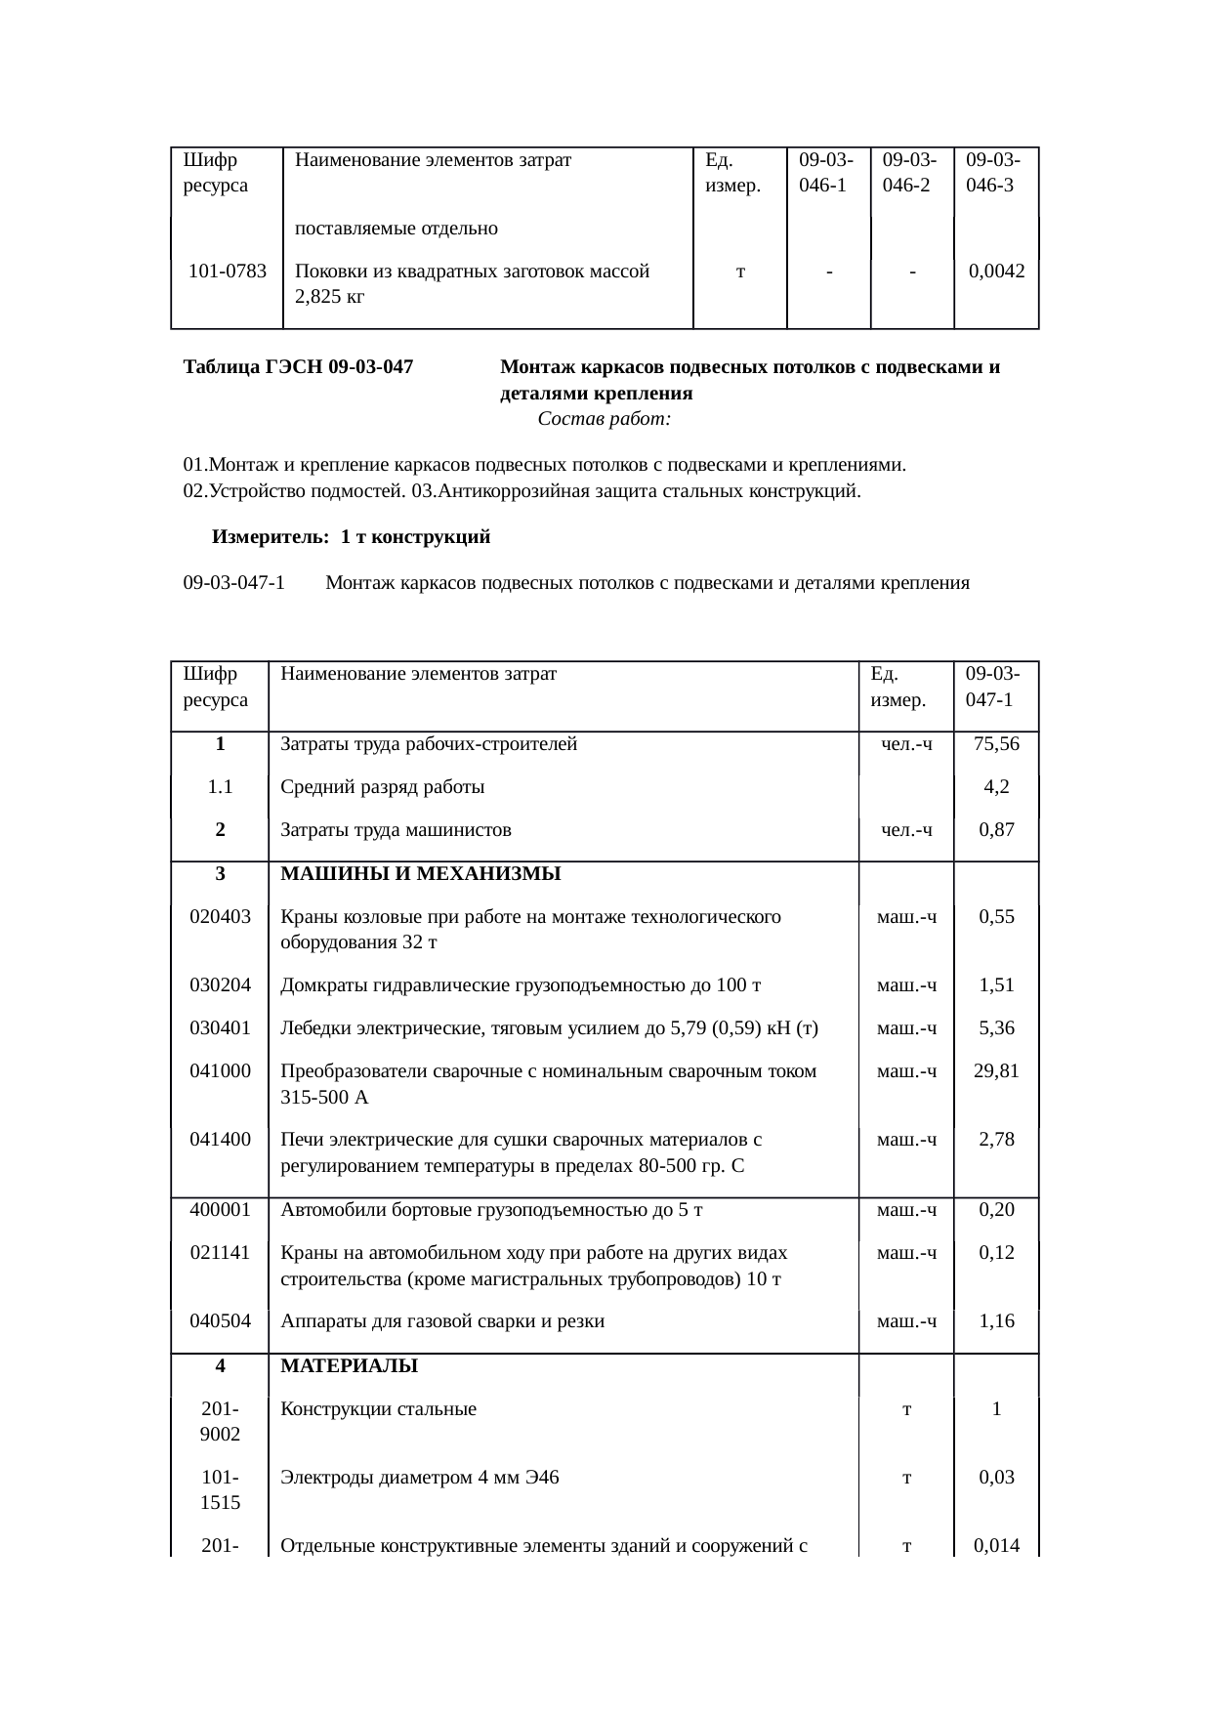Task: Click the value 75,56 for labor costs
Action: tap(996, 744)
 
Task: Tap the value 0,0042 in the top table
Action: tap(996, 272)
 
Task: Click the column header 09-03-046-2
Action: tap(910, 172)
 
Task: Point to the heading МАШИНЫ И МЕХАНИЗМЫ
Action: tap(420, 873)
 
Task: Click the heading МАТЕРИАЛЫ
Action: tap(349, 1366)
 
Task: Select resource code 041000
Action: tap(220, 1070)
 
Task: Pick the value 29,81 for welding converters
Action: tap(996, 1070)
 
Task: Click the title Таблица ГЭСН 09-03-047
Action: tap(298, 368)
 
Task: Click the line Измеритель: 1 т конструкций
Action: tap(351, 537)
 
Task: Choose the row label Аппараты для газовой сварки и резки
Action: tap(442, 1321)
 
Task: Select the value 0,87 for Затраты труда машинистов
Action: tap(996, 830)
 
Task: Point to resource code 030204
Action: tap(220, 984)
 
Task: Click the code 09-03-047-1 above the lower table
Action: tap(234, 583)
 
